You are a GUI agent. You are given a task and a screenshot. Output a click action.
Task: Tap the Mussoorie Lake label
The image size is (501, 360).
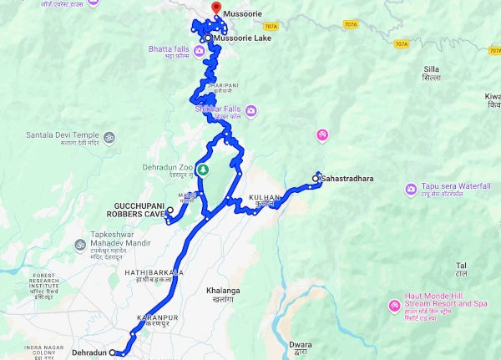242,38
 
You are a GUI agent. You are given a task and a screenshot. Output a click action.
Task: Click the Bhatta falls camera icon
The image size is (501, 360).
200,52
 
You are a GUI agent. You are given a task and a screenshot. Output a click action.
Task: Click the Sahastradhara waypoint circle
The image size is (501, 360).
316,177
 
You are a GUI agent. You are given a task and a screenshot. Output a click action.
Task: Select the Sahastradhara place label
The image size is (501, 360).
346,178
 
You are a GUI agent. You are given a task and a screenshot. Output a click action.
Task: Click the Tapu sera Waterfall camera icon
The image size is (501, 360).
411,189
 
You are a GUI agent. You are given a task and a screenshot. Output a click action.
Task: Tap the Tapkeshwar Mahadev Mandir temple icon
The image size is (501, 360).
81,246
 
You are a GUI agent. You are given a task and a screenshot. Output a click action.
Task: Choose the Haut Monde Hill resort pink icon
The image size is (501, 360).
393,307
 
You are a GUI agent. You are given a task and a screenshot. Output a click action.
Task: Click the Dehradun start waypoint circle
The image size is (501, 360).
113,353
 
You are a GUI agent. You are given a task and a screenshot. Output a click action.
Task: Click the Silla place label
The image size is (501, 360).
431,74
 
